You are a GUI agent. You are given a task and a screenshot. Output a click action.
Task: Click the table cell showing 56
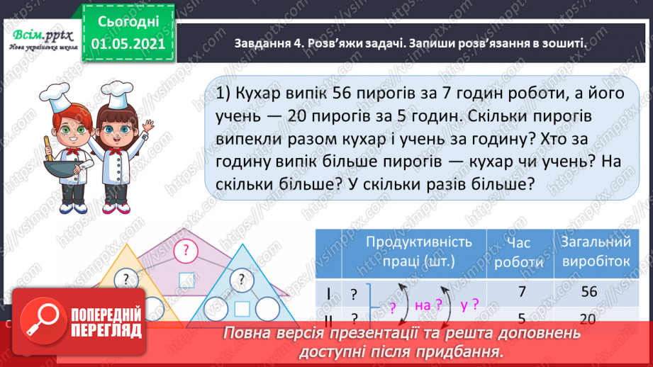click(x=588, y=291)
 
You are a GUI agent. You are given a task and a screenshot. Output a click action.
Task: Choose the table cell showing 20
click(x=588, y=319)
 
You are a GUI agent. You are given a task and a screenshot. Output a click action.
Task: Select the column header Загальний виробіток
click(x=593, y=251)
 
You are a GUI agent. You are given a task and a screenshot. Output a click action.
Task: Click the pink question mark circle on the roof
click(x=186, y=249)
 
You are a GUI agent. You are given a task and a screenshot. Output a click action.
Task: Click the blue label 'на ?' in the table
click(x=423, y=305)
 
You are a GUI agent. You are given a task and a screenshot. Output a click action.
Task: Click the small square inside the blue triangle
click(x=242, y=308)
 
